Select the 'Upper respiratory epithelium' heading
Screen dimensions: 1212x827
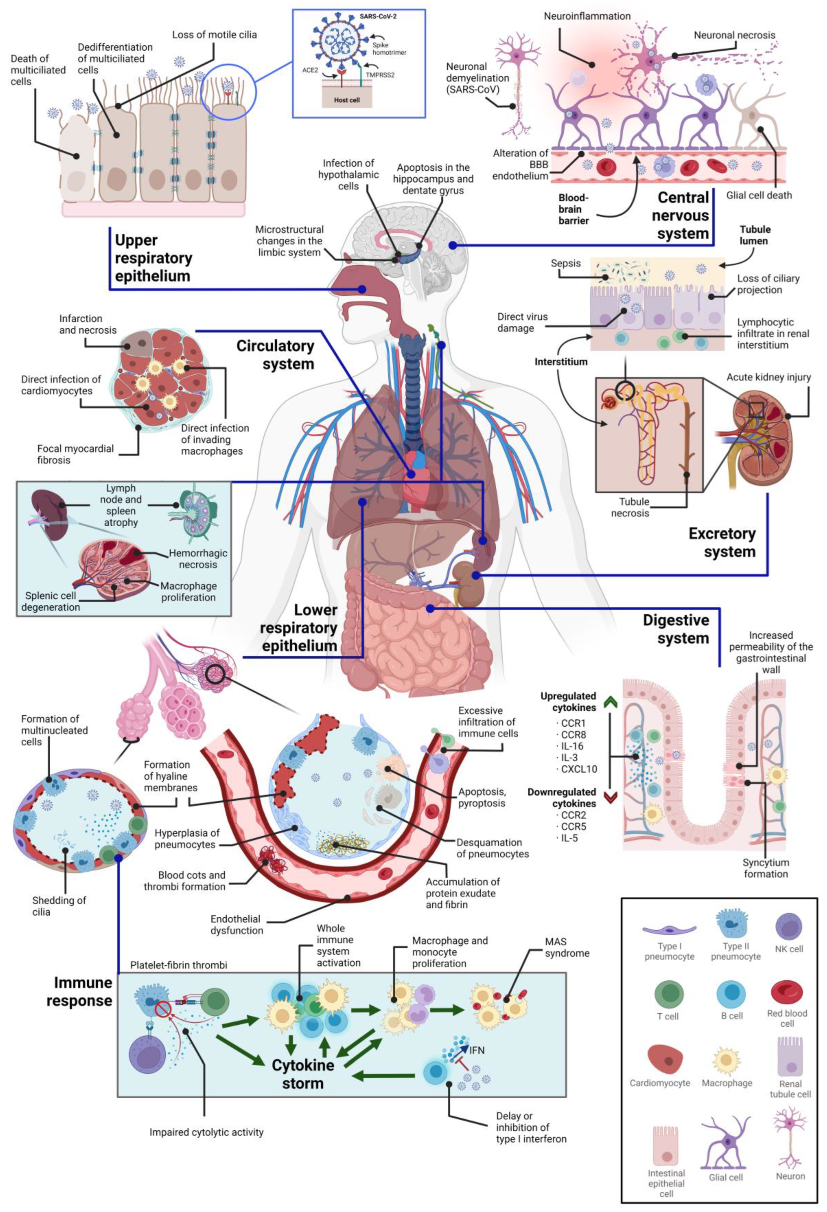[x=153, y=258]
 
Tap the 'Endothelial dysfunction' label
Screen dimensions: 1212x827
[x=237, y=925]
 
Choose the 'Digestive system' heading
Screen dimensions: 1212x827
[x=676, y=629]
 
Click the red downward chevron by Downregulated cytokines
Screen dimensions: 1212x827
[x=610, y=797]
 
